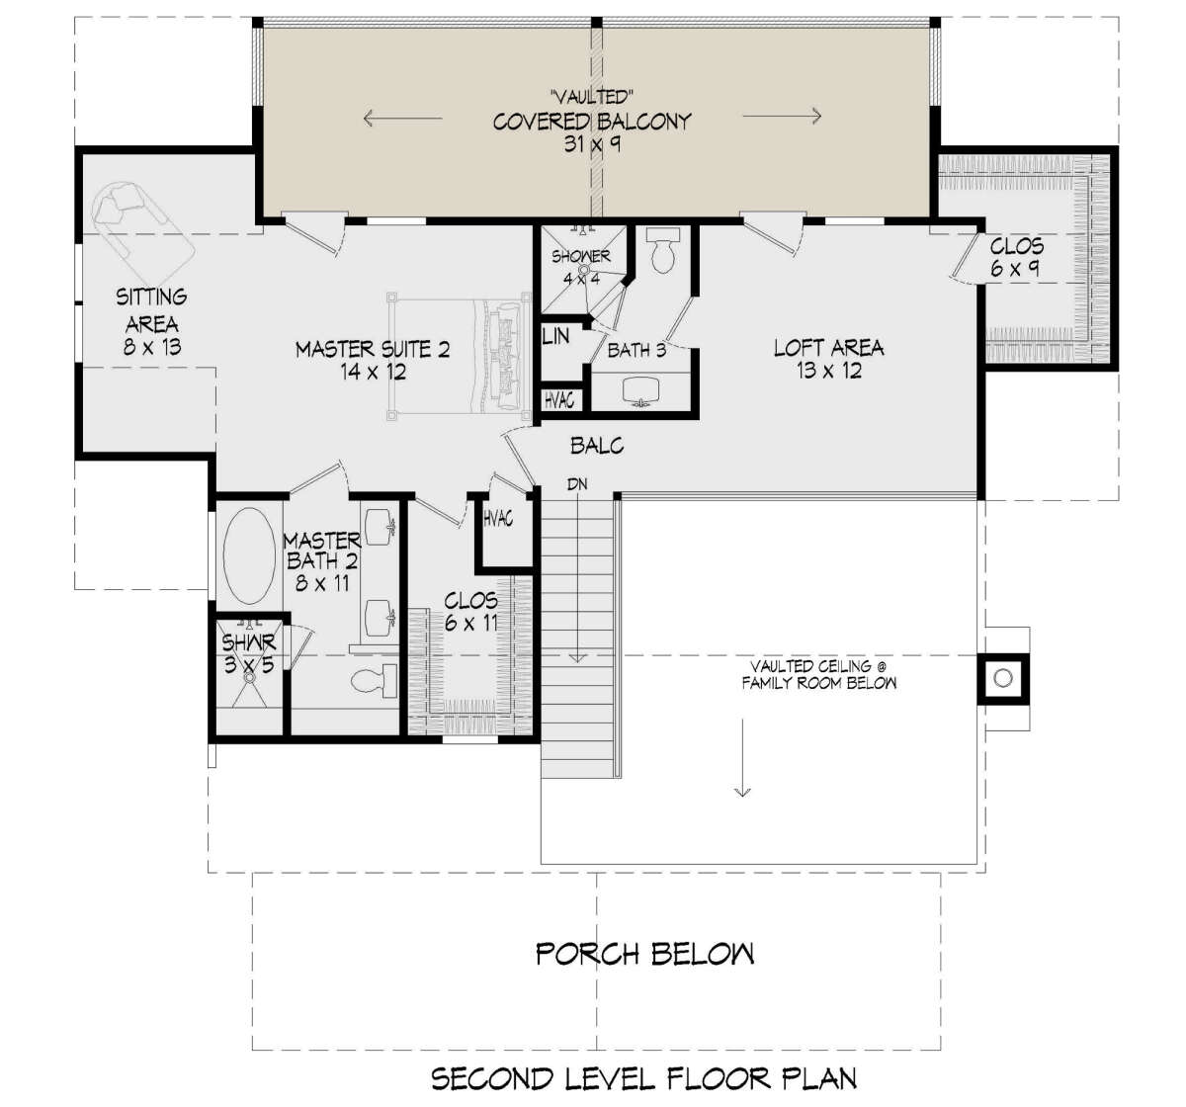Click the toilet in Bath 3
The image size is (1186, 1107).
click(662, 251)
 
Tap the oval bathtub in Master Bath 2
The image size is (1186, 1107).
click(249, 555)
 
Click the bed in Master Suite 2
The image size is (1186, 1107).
click(459, 356)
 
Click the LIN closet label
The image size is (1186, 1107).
click(555, 337)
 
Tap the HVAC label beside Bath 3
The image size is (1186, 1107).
click(559, 400)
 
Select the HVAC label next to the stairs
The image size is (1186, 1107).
click(498, 519)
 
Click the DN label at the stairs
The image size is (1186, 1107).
click(577, 484)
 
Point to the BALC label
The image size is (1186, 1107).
click(597, 445)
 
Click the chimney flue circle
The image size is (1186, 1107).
click(1003, 678)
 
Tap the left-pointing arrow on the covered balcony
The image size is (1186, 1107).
click(402, 118)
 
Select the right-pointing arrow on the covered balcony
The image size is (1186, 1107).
click(783, 116)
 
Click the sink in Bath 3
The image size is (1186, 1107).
click(640, 390)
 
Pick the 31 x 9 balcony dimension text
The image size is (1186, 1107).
click(592, 144)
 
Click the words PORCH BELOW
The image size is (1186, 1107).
click(645, 954)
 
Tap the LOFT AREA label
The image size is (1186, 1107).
click(828, 348)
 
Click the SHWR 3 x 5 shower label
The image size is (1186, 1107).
click(249, 653)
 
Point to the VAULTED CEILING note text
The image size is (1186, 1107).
click(818, 675)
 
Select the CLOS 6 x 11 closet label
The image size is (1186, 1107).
click(470, 612)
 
